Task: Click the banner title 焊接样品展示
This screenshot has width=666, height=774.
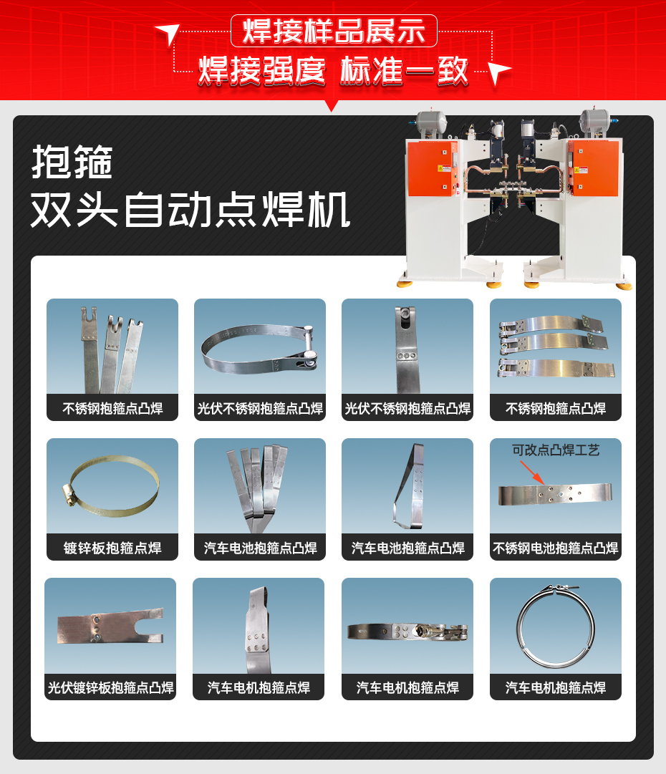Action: pyautogui.click(x=333, y=32)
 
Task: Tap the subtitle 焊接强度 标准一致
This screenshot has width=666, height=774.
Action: pyautogui.click(x=333, y=71)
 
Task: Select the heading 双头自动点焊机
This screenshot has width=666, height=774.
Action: pyautogui.click(x=190, y=210)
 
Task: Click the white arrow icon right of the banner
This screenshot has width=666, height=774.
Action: pyautogui.click(x=499, y=72)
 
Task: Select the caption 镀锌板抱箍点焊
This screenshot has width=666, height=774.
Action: pyautogui.click(x=112, y=548)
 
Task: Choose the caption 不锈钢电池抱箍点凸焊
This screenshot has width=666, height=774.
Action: pyautogui.click(x=556, y=548)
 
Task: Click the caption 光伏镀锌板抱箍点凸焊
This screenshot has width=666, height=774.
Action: pyautogui.click(x=110, y=688)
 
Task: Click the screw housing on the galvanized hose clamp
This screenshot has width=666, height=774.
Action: pyautogui.click(x=69, y=495)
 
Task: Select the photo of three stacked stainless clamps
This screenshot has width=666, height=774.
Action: pyautogui.click(x=555, y=345)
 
